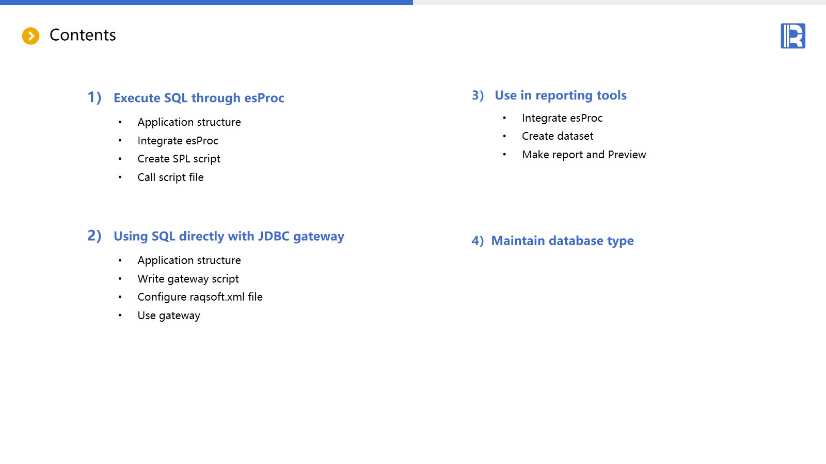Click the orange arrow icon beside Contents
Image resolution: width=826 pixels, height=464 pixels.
click(30, 36)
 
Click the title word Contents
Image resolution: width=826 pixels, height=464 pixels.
click(83, 35)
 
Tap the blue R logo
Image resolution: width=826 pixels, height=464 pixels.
click(793, 36)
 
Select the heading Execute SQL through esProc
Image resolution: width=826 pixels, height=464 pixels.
click(199, 97)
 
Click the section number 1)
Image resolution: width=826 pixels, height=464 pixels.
click(94, 97)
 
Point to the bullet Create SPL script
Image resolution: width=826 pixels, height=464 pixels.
click(179, 159)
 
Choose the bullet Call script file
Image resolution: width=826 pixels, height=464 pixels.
click(170, 177)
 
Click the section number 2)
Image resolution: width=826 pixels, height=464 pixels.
click(94, 235)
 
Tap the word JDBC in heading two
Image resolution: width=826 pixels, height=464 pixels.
click(273, 236)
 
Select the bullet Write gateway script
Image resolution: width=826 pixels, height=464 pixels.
click(188, 279)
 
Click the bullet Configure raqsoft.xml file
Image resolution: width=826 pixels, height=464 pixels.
click(200, 297)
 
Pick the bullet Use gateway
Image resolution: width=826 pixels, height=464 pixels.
click(169, 316)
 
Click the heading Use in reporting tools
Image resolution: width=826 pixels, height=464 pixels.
click(561, 95)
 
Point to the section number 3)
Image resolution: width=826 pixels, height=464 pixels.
click(478, 95)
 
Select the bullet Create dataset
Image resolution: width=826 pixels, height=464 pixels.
click(558, 136)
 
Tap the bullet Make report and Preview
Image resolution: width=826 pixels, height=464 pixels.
click(584, 155)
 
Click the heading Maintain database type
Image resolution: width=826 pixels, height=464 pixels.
click(562, 240)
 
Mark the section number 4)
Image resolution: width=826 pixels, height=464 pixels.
click(478, 241)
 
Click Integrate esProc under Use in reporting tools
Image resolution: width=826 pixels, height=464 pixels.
click(562, 118)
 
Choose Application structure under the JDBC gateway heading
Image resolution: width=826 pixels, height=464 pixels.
click(189, 260)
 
